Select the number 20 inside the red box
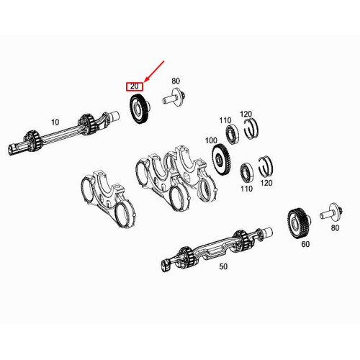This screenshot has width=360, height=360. coord(134,86)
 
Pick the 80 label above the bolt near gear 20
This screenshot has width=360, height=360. coord(176,81)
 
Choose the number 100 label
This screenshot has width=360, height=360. coord(211,140)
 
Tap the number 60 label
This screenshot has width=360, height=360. coord(305,245)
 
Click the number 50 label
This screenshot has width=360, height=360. coord(223,266)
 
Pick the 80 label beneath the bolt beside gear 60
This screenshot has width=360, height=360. coord(334,228)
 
